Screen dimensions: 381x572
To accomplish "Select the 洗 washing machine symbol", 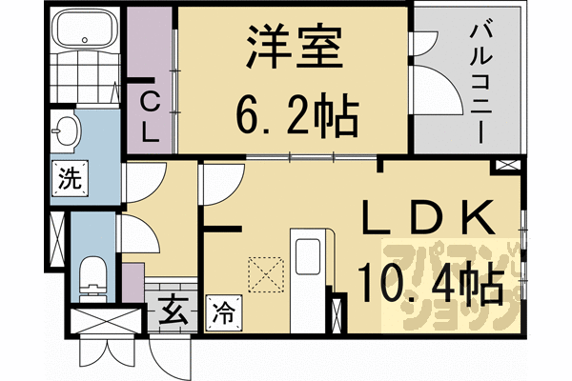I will point(69,177).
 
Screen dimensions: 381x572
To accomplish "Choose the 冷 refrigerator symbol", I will point(220,311).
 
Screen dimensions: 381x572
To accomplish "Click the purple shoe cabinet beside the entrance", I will point(133,282).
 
